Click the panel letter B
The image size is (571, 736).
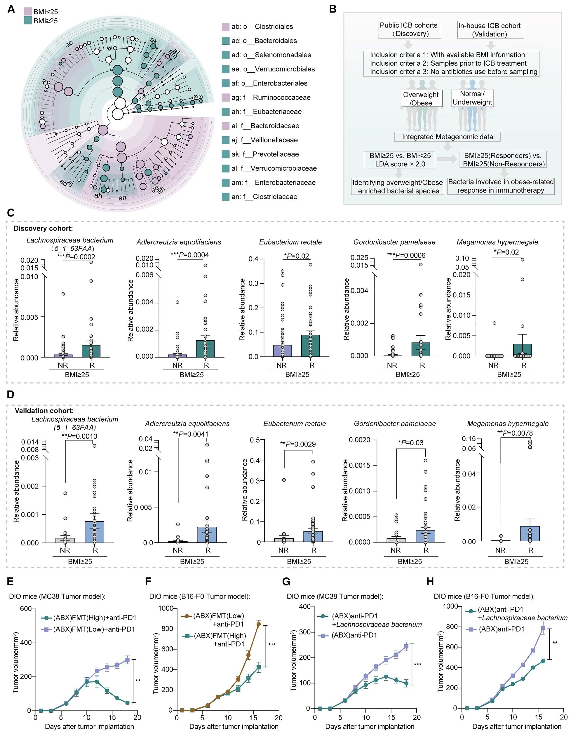[333, 9]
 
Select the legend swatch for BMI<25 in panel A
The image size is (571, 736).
[28, 12]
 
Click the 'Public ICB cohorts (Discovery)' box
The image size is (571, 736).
[408, 30]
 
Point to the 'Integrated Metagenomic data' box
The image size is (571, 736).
[447, 137]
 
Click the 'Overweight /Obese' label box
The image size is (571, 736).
[421, 99]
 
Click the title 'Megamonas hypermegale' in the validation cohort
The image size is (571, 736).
[508, 424]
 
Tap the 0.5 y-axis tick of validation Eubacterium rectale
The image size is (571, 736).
[255, 440]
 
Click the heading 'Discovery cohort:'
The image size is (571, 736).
[43, 229]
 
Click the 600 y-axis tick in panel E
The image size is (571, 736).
[26, 608]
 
